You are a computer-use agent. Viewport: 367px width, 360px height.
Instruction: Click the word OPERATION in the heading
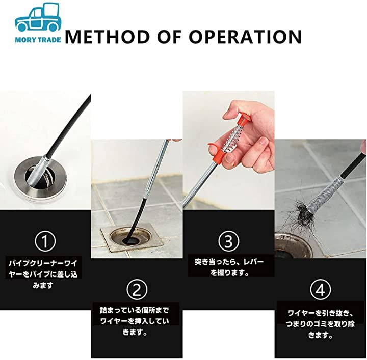[245, 37]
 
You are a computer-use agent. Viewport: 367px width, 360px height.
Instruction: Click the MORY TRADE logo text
[38, 40]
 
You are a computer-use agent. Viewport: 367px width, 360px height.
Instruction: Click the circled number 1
[45, 241]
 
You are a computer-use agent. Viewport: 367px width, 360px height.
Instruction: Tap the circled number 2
[137, 290]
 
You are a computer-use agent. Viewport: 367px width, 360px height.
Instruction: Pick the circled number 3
[229, 241]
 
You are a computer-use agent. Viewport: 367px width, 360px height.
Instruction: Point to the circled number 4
[321, 290]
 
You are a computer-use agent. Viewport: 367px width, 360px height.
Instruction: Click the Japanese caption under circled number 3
[229, 267]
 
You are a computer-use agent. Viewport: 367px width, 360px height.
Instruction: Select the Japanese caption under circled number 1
[43, 274]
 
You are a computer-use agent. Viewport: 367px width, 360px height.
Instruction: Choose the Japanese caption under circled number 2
[135, 321]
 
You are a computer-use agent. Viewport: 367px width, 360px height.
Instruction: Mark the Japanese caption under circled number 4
[320, 324]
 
